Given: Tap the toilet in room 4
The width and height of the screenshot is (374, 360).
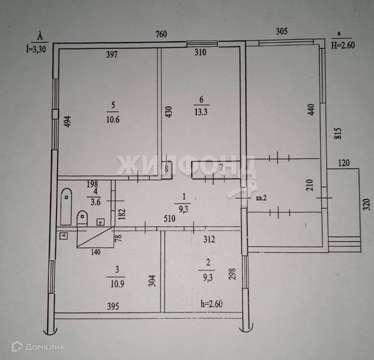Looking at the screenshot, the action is pos(82,219).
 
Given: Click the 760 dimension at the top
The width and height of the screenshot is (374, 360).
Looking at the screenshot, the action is pos(161,35).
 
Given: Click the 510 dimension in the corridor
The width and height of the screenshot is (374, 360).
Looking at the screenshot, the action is pos(170,219).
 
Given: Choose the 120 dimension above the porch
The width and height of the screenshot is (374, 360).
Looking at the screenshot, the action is pos(344,163).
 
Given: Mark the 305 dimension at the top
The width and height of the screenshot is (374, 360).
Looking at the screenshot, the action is pos(282,31).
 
